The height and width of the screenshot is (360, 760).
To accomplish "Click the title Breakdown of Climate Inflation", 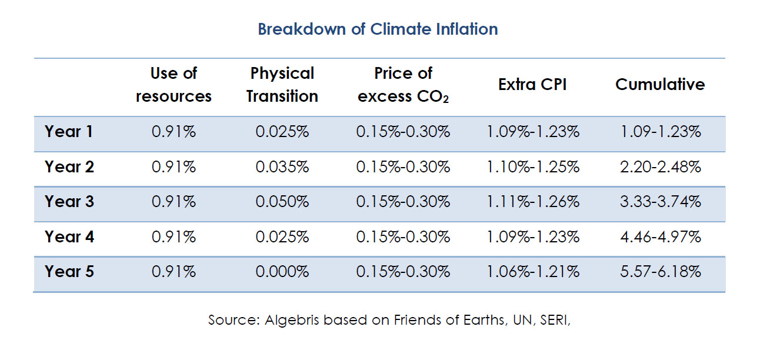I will coord(378,29).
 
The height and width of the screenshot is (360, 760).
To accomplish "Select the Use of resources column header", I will coord(174,85).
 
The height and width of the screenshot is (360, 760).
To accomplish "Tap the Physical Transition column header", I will coord(282,85).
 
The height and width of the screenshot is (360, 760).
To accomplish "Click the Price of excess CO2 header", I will coord(403,85).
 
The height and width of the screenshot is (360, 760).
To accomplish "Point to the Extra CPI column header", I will coord(532,85).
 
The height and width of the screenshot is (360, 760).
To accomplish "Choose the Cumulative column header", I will coord(660,85).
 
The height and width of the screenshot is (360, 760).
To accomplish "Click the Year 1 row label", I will coord(69,132).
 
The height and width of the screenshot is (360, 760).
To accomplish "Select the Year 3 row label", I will coord(69,202).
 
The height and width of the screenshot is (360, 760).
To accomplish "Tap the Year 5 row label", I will coord(69,272).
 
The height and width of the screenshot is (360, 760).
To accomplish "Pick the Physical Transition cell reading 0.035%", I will coord(282,167).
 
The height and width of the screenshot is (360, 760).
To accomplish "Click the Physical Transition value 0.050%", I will coord(282,202).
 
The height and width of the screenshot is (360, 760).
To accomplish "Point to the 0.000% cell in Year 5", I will coord(282,272).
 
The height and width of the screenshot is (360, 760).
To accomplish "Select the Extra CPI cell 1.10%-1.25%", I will coord(532,167).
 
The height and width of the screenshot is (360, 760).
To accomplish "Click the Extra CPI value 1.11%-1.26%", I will coord(532,202).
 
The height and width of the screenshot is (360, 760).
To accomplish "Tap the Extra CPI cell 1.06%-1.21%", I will coord(532,272).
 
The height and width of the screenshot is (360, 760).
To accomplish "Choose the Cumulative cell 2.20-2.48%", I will coord(661,167).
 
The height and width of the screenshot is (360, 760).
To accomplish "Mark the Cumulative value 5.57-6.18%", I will coord(661,272).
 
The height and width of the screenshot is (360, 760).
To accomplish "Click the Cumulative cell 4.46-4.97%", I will coord(661,237).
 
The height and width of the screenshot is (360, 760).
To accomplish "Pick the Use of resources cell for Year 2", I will coord(174,167).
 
